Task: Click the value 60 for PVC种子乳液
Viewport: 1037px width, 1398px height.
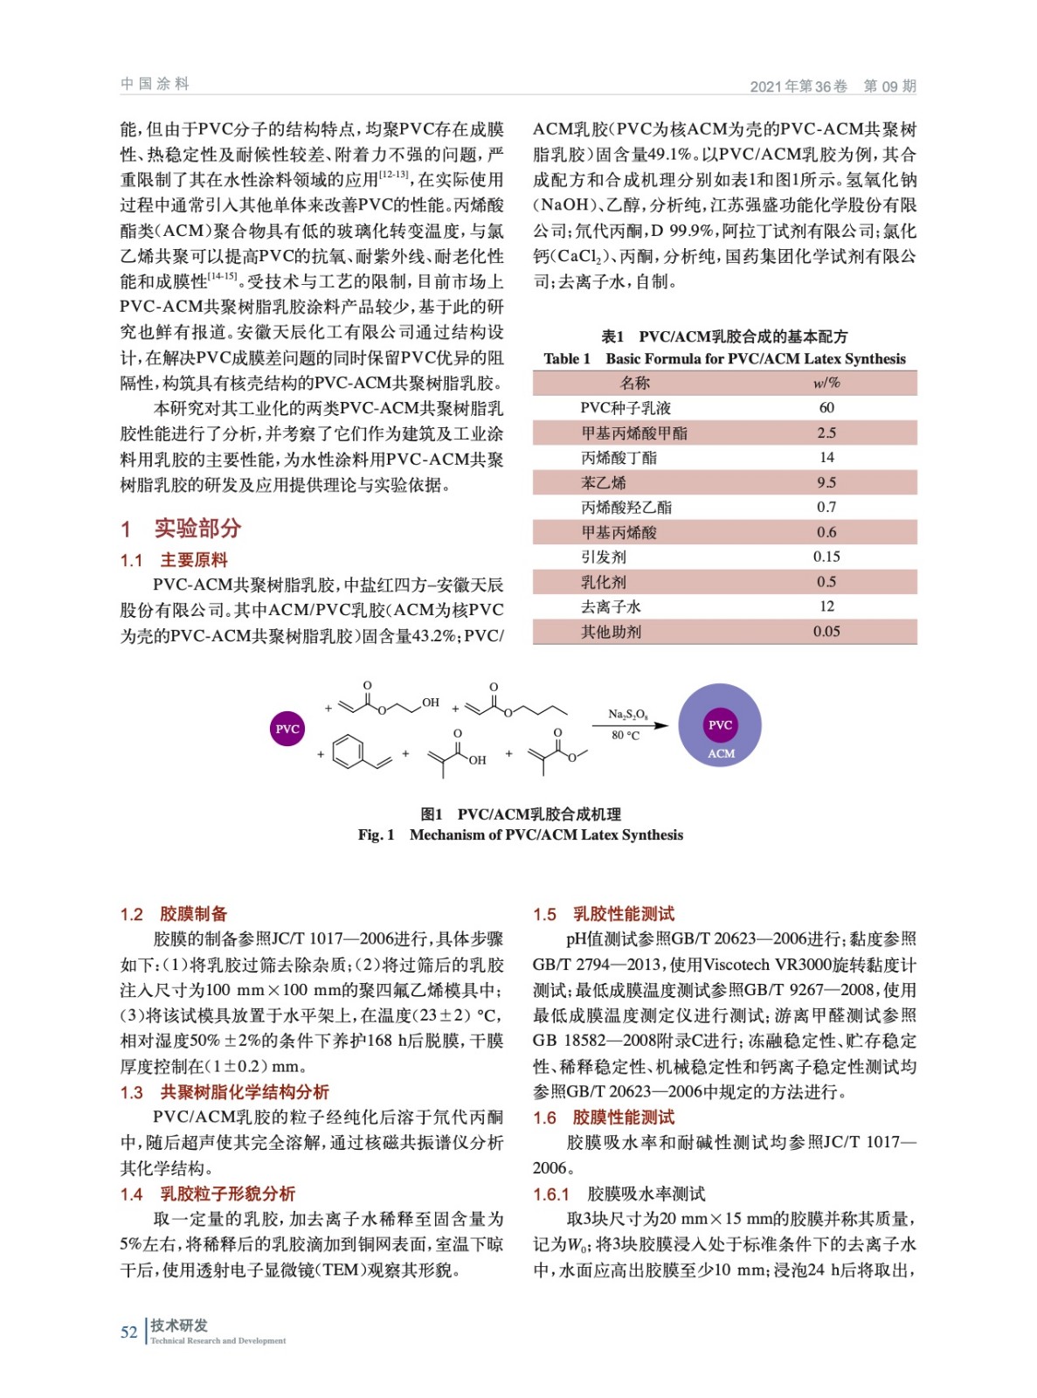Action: (826, 407)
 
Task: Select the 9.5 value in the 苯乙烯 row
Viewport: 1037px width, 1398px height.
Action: (826, 482)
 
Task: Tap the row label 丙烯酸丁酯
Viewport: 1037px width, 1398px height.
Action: (619, 457)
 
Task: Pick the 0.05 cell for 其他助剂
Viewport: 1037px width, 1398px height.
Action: (826, 631)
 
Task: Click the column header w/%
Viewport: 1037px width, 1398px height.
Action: (826, 383)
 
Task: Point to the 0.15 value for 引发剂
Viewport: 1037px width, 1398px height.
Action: (826, 557)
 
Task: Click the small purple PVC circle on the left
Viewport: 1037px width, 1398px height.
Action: (287, 728)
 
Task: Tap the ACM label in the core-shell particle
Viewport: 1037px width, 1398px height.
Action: (721, 753)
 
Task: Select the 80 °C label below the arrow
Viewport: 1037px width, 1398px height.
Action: (626, 736)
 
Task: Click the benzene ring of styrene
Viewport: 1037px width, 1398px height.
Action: (349, 752)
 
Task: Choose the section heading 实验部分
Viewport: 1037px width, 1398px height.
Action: (197, 528)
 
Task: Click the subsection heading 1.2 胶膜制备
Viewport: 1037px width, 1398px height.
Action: (174, 914)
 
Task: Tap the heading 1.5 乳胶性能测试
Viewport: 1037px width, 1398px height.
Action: (604, 914)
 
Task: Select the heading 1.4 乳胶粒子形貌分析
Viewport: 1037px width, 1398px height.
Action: (208, 1194)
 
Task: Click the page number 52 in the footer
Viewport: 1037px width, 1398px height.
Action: (128, 1332)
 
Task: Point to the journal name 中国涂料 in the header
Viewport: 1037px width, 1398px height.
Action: (155, 84)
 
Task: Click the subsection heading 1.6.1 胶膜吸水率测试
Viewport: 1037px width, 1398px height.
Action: (619, 1194)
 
